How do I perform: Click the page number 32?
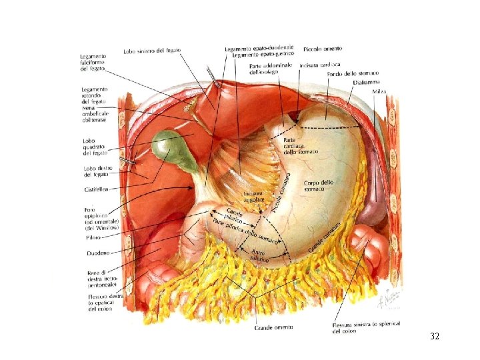(434, 337)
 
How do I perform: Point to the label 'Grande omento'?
(273, 327)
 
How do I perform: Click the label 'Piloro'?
(93, 237)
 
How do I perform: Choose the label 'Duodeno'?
(98, 253)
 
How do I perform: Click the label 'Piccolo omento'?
(323, 49)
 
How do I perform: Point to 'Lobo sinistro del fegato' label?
(151, 51)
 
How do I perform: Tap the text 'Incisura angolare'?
(253, 196)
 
